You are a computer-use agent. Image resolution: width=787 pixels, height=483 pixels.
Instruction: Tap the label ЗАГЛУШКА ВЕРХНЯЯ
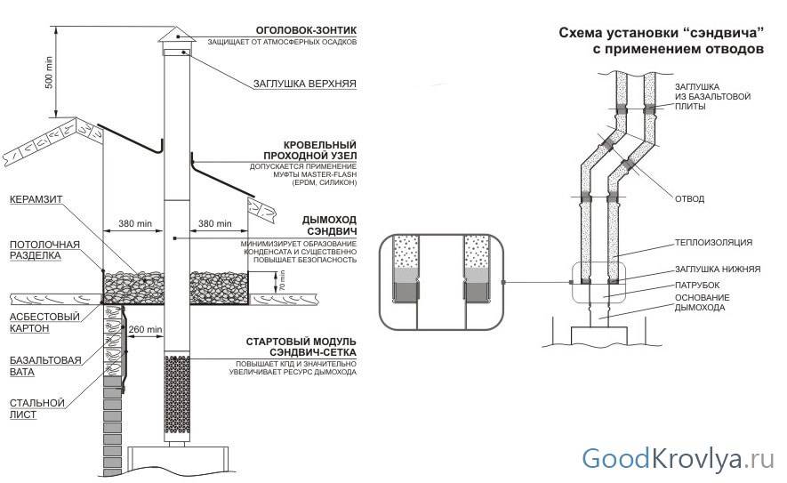(305, 85)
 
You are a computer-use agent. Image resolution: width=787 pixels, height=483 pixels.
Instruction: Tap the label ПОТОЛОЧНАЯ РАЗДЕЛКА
(44, 249)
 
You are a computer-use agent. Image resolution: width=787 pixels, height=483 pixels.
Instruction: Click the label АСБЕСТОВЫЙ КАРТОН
(41, 322)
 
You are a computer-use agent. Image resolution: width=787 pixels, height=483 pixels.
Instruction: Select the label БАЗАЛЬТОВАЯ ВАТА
(41, 366)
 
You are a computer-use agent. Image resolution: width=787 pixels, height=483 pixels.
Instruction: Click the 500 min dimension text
(50, 72)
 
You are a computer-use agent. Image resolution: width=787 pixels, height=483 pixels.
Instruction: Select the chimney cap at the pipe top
(176, 39)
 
